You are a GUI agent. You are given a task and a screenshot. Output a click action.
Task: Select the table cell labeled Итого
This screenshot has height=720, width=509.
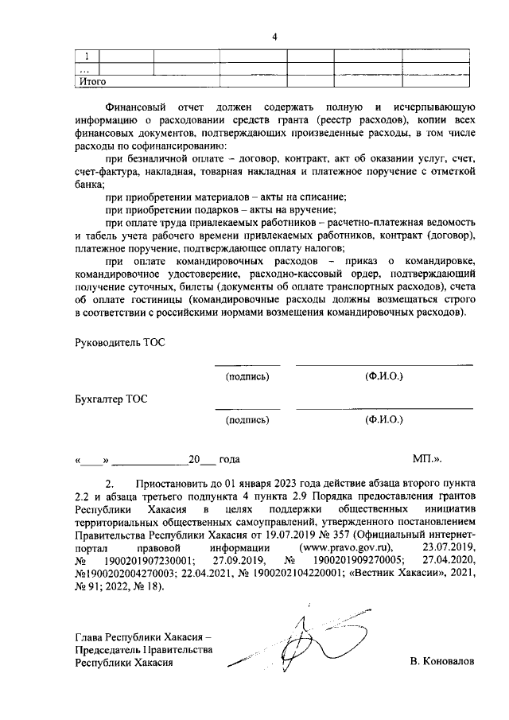click(x=91, y=80)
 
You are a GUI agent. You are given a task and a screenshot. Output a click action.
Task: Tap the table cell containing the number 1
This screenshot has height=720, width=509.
click(x=87, y=56)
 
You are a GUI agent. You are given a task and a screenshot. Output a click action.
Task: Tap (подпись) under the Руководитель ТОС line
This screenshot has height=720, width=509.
click(x=248, y=374)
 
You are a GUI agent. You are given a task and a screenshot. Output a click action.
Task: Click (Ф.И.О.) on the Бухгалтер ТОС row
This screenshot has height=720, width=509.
click(x=384, y=418)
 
